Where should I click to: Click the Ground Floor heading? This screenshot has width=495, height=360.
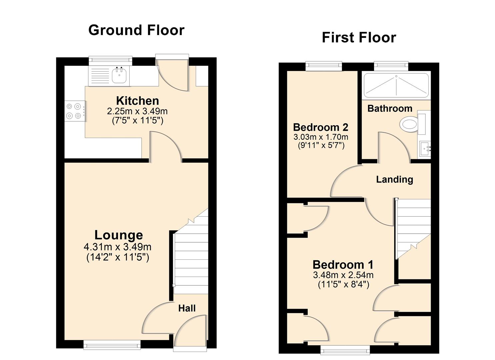136,30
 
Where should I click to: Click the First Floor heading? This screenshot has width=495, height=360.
359,38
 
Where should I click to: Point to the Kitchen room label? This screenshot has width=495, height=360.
137,101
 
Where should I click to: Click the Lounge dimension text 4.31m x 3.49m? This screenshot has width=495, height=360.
118,247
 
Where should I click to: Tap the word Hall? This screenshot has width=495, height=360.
187,308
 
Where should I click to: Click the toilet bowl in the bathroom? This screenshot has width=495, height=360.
409,124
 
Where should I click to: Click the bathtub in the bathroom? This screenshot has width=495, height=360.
396,86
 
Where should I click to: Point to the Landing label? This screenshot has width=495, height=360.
394,179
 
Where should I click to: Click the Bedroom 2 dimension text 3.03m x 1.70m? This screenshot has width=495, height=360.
321,137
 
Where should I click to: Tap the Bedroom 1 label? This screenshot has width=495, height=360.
343,265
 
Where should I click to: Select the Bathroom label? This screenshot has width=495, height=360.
390,109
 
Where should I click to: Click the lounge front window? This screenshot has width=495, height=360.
112,345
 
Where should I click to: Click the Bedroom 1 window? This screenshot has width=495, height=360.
345,350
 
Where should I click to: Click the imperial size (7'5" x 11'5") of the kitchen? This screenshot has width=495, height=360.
137,121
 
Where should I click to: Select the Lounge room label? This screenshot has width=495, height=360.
119,235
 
